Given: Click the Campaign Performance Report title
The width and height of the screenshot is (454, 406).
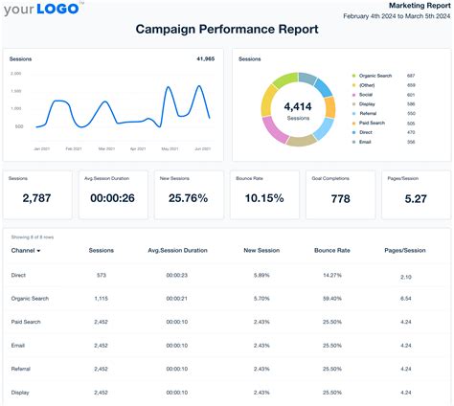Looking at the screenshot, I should [x=227, y=29].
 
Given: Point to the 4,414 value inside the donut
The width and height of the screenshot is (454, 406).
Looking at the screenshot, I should [x=298, y=106].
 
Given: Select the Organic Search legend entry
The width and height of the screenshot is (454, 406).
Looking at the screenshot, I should [x=373, y=75].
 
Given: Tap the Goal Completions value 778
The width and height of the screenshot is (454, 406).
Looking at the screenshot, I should [x=339, y=198].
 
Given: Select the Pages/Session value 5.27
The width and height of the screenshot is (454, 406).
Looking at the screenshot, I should [x=415, y=198].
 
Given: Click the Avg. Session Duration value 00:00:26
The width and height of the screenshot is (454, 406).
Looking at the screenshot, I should [x=114, y=198].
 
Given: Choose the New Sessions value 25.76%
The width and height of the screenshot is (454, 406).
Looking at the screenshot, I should [x=189, y=198].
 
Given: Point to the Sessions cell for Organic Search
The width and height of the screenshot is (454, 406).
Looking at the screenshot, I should [x=101, y=299].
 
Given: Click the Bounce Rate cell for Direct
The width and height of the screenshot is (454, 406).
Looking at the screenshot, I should [x=332, y=275].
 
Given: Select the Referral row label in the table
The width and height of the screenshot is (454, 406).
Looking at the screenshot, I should [x=22, y=368].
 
